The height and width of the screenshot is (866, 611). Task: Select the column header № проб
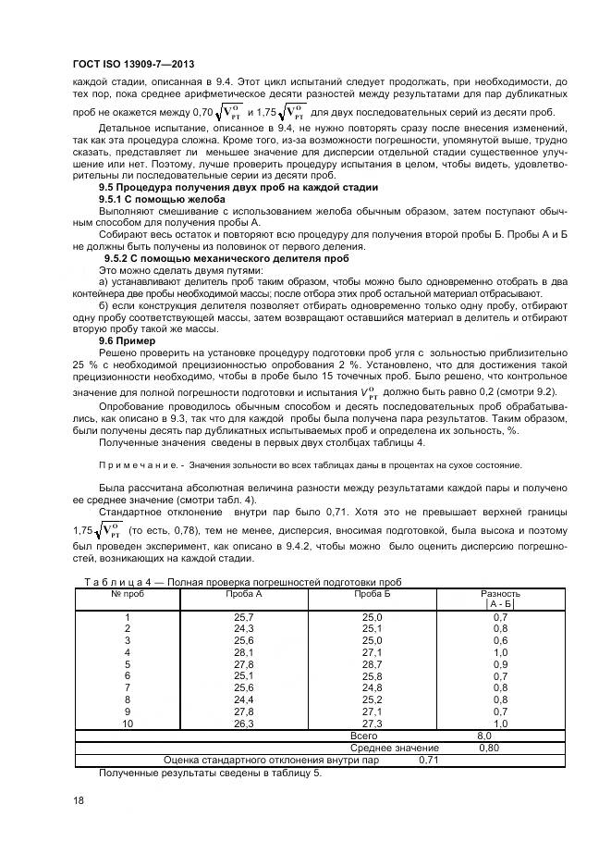coord(128,592)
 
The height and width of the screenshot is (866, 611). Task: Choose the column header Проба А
coord(245,592)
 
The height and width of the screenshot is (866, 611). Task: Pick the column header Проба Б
coord(373,592)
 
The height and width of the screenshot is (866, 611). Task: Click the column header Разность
coord(500,592)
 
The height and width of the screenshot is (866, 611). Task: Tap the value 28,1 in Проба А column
coord(245,652)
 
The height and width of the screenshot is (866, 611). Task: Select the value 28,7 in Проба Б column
coord(372,664)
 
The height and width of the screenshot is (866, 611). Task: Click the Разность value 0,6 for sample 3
coord(500,640)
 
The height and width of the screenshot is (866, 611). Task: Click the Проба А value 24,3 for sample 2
coord(245,628)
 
